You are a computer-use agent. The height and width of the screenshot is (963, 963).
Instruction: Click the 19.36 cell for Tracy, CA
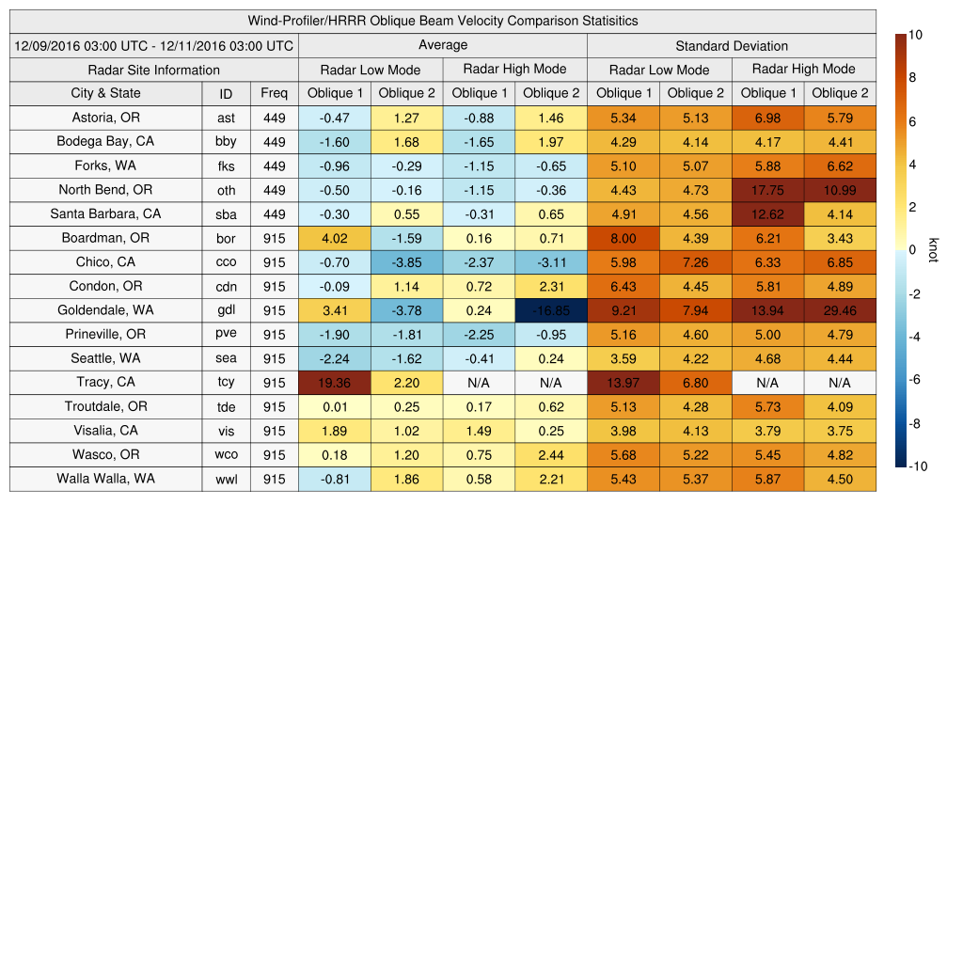tap(334, 383)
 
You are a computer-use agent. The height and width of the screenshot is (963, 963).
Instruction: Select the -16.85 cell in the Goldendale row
tap(550, 310)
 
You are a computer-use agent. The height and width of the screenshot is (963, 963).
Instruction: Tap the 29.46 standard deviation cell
tap(840, 310)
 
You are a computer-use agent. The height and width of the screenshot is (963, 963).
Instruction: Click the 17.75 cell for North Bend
tap(767, 190)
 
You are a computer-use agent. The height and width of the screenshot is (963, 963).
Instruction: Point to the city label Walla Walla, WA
tap(105, 479)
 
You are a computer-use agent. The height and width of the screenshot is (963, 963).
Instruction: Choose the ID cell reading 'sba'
tap(226, 214)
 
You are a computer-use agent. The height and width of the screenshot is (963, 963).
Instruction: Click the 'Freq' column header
tap(274, 93)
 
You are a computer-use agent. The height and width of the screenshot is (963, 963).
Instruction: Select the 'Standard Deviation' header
tap(731, 46)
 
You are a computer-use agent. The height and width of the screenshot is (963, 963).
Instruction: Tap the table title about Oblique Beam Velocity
tap(442, 21)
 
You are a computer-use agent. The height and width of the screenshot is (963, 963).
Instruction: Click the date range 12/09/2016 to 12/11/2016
tap(153, 45)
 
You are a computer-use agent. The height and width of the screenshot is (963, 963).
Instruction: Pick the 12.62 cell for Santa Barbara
tap(767, 214)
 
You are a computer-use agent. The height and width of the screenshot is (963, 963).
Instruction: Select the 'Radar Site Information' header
tap(153, 70)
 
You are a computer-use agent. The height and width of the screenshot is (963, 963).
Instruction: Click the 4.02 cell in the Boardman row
tap(334, 238)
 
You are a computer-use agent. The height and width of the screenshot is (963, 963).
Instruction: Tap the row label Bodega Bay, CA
tap(105, 142)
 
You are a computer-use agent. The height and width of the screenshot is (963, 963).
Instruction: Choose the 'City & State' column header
tap(105, 93)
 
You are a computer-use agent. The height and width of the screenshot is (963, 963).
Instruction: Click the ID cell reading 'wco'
tap(226, 455)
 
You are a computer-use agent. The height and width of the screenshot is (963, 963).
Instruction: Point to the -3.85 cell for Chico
tap(406, 262)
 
